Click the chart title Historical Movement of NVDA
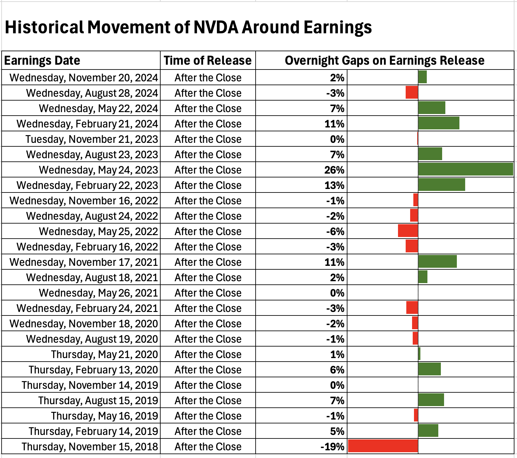pyautogui.click(x=188, y=27)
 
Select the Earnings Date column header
pyautogui.click(x=42, y=61)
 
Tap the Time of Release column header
pyautogui.click(x=208, y=61)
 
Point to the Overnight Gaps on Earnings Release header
pyautogui.click(x=385, y=61)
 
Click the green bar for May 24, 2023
pyautogui.click(x=465, y=170)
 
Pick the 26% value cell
pyautogui.click(x=334, y=170)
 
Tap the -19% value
pyautogui.click(x=332, y=446)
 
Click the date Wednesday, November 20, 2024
pyautogui.click(x=84, y=78)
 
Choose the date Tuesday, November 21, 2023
pyautogui.click(x=92, y=139)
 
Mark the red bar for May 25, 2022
pyautogui.click(x=408, y=231)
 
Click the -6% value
pyautogui.click(x=335, y=231)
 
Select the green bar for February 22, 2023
pyautogui.click(x=441, y=185)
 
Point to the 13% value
pyautogui.click(x=334, y=185)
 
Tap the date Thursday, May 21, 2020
pyautogui.click(x=105, y=354)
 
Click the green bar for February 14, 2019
pyautogui.click(x=428, y=431)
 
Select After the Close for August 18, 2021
pyautogui.click(x=208, y=277)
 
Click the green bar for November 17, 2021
pyautogui.click(x=437, y=262)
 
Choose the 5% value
pyautogui.click(x=337, y=431)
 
